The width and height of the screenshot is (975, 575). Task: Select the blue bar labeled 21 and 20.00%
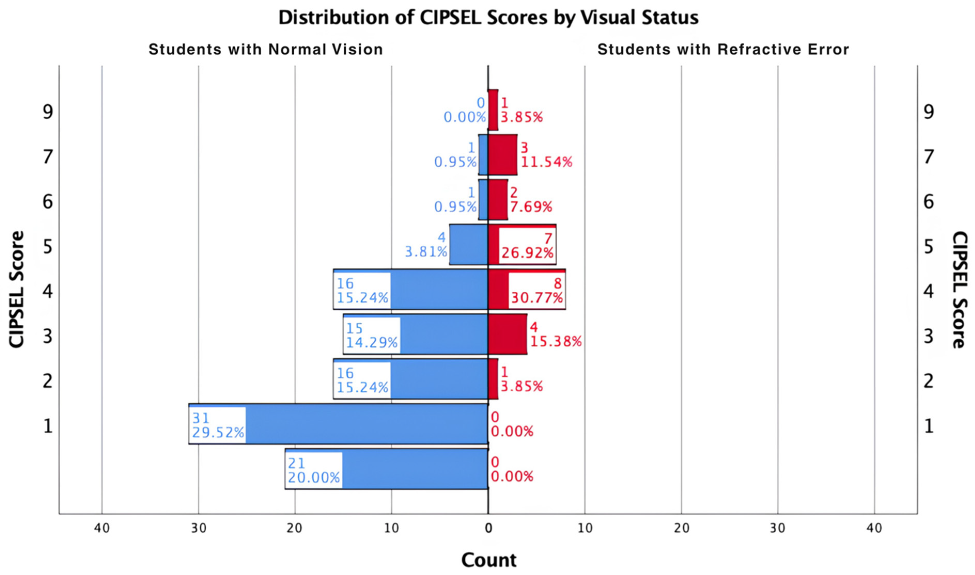pos(387,469)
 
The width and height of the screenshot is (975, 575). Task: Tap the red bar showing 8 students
pos(527,289)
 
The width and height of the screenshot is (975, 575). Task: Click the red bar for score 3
pos(508,334)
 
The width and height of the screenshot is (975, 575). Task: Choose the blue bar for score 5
pos(469,244)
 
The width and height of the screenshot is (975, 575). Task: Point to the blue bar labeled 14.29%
pos(416,334)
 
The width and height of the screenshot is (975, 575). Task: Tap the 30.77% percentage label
pos(537,298)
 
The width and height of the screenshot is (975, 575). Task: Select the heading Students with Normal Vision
pos(266,50)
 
